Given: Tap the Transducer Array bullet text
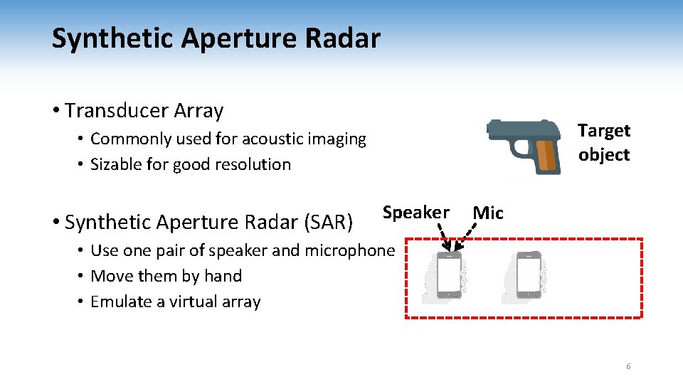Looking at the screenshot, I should pyautogui.click(x=144, y=111).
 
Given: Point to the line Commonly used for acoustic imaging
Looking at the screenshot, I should pyautogui.click(x=228, y=139).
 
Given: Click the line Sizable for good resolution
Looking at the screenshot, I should pyautogui.click(x=191, y=164).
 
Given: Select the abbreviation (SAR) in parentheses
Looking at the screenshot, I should pyautogui.click(x=328, y=223).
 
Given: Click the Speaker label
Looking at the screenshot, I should pyautogui.click(x=415, y=213).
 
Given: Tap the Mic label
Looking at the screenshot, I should pyautogui.click(x=488, y=213).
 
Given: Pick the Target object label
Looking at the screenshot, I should pyautogui.click(x=603, y=142).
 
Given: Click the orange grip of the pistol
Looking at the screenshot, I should pyautogui.click(x=546, y=155).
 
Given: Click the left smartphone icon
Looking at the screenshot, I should pyautogui.click(x=448, y=274).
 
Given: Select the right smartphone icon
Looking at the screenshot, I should pyautogui.click(x=529, y=274).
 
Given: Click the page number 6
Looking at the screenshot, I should pyautogui.click(x=628, y=366).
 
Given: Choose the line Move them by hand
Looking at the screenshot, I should pyautogui.click(x=166, y=276).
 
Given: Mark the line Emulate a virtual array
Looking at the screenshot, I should pyautogui.click(x=176, y=302).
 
